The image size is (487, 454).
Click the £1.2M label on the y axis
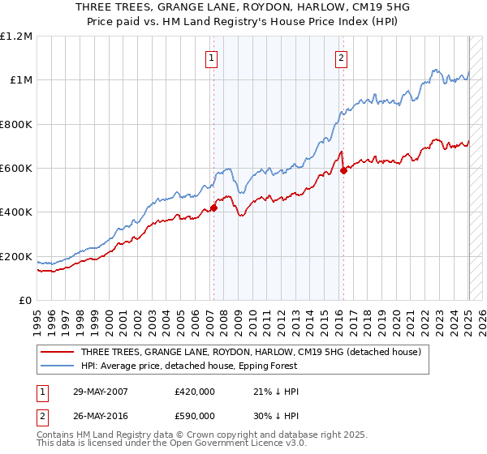point(17,36)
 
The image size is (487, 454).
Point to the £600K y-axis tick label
point(16,169)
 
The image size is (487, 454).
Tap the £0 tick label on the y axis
point(25,301)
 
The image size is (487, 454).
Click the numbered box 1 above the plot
point(211,58)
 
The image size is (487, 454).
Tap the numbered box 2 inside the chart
point(341,58)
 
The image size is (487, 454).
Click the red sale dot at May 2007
point(213,208)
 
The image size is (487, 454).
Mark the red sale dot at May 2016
point(343,170)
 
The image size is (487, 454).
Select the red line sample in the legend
point(56,353)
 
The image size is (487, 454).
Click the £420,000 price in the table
point(194,392)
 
